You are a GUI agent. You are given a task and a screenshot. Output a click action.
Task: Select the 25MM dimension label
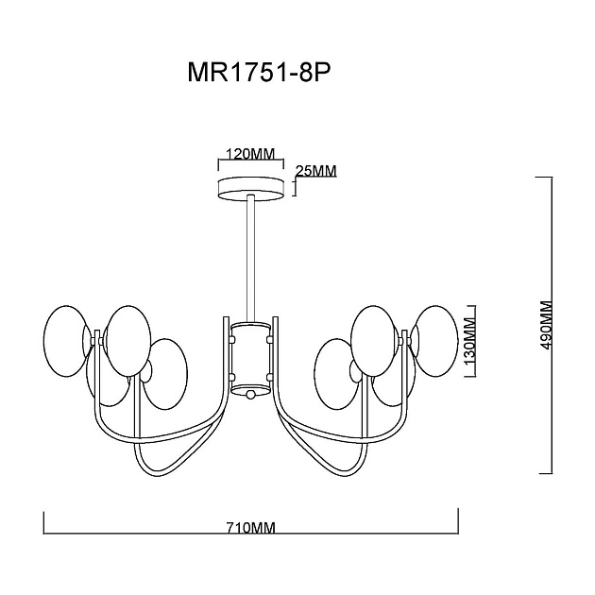[316, 171]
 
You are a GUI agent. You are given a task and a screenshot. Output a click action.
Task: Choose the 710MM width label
[250, 529]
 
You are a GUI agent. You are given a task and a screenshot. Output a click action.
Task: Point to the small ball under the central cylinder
[251, 395]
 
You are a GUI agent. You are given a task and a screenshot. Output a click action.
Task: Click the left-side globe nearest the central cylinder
[165, 374]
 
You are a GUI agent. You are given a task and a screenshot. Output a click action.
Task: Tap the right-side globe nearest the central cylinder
[336, 374]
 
